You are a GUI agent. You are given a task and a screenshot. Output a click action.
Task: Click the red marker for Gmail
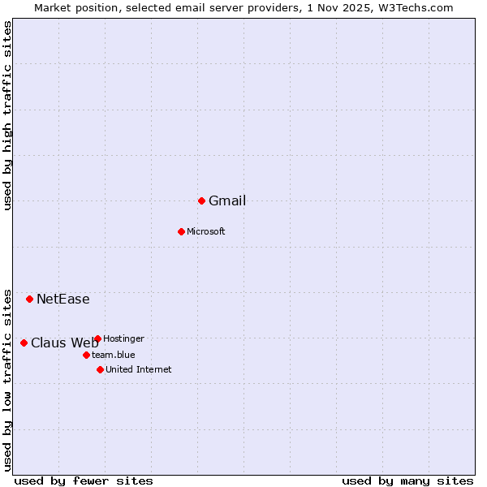201,200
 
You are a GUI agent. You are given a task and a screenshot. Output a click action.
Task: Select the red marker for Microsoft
181,231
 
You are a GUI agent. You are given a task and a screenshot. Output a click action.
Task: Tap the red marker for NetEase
29,299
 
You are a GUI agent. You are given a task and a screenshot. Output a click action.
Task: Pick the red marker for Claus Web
24,343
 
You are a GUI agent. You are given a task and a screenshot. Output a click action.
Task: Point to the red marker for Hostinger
97,338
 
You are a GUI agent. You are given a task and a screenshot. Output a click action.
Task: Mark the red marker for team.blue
86,355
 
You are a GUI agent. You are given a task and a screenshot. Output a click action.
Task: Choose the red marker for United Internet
100,369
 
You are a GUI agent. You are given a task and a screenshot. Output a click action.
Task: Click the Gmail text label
227,201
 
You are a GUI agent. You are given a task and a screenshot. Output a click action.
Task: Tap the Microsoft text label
206,232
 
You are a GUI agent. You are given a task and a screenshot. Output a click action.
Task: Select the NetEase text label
63,300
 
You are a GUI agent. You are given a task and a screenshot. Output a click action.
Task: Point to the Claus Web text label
65,343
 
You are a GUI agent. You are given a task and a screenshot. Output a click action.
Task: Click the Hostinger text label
124,338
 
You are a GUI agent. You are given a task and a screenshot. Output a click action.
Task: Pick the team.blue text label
114,355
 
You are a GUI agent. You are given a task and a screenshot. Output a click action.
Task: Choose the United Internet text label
139,370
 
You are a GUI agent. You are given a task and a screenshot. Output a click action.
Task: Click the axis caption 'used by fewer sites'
84,481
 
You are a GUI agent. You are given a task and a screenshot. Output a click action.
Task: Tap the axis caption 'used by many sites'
407,481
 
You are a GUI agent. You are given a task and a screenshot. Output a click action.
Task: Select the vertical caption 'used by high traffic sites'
8,115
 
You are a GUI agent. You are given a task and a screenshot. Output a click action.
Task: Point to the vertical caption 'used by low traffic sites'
8,379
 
